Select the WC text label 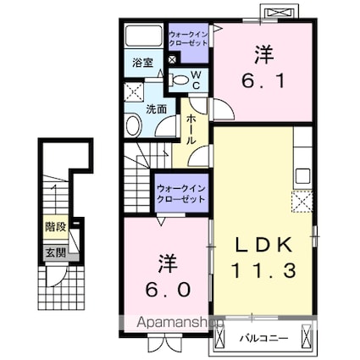coord(195,80)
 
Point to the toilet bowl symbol coord(180,80)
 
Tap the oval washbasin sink coord(134,127)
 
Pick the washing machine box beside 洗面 coord(132,92)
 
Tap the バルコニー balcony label coord(270,337)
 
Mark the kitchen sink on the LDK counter coord(302,177)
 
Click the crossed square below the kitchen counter coord(302,202)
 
